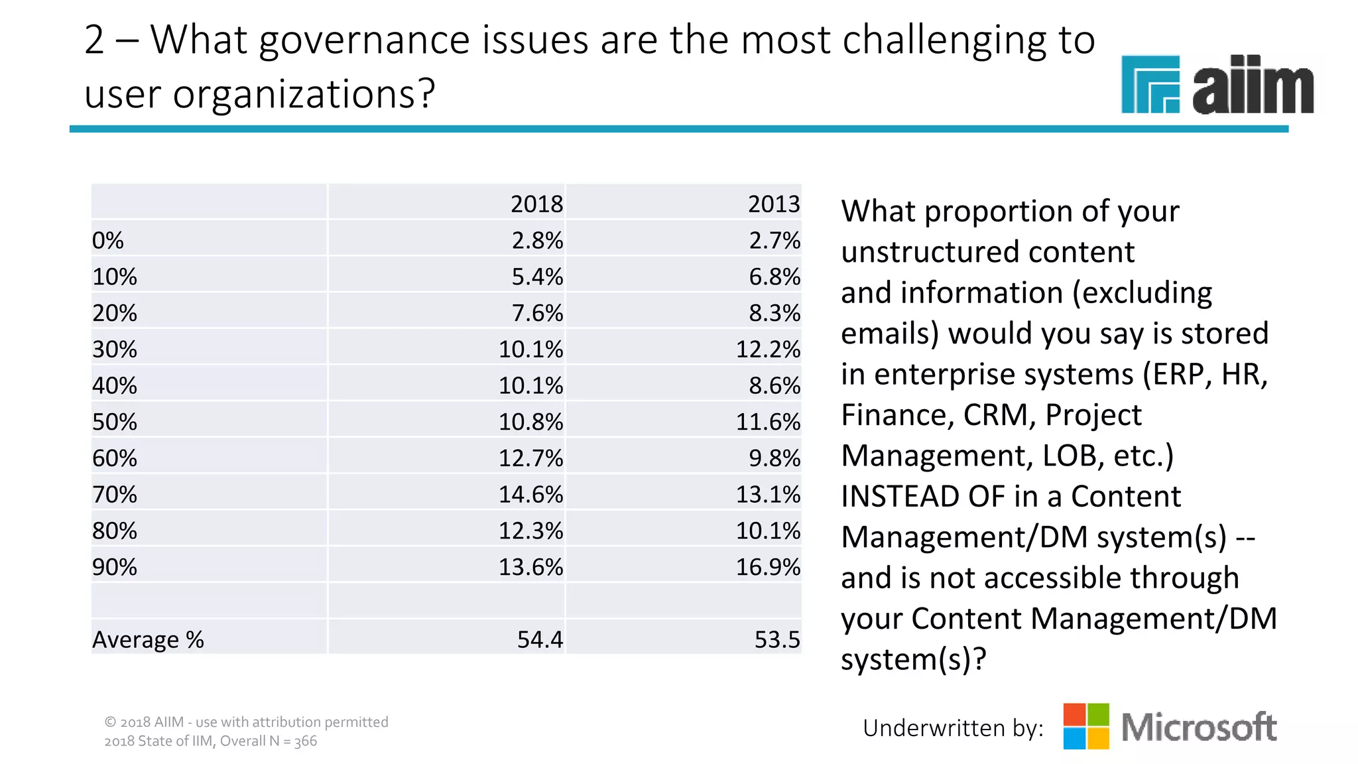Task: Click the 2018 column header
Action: pos(536,204)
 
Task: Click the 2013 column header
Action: pos(774,204)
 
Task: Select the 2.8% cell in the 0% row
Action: pos(537,240)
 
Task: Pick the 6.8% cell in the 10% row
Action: pos(774,277)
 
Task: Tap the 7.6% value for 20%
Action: pos(537,313)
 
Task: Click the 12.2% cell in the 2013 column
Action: pos(768,349)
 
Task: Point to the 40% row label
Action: pos(115,385)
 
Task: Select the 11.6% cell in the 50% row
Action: pos(768,422)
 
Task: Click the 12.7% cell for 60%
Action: pos(530,458)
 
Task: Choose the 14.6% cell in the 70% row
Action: pos(530,494)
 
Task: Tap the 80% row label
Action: pos(115,531)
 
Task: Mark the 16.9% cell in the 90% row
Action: pos(768,567)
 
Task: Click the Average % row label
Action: pos(148,639)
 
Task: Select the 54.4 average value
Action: pos(540,639)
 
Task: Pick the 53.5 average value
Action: pos(777,639)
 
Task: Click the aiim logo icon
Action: pos(1150,84)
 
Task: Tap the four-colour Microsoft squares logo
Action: pos(1085,726)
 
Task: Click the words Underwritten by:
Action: pos(953,728)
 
